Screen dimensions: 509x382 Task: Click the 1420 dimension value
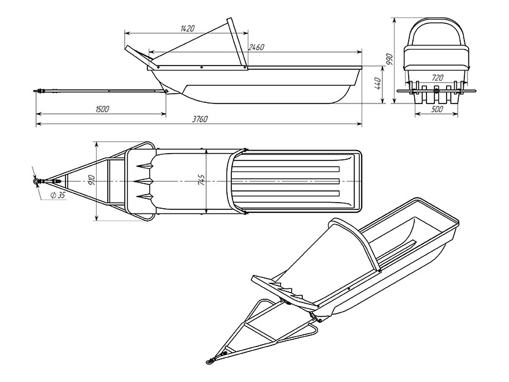tap(187, 29)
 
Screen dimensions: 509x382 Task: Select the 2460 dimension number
tap(256, 47)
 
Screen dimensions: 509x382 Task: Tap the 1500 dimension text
tap(102, 109)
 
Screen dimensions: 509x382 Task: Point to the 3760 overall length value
tap(199, 119)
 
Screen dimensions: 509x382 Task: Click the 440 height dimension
tap(377, 84)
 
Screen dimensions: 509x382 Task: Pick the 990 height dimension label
tap(389, 61)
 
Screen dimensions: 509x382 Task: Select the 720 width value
tap(437, 78)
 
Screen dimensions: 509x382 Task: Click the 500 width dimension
tap(437, 109)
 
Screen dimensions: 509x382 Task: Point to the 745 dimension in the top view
tap(201, 180)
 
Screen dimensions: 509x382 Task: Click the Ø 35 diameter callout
tap(58, 195)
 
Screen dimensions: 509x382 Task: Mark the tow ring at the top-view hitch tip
tap(35, 181)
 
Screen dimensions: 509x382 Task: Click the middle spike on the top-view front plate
tap(145, 181)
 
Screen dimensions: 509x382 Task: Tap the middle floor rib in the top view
tap(287, 181)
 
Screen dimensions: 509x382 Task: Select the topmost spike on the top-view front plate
tap(145, 166)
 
